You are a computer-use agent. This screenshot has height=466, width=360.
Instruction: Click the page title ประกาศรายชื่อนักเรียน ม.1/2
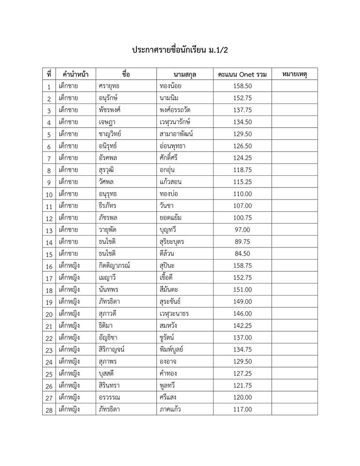(x=180, y=50)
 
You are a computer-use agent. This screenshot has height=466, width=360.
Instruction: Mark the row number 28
(x=49, y=410)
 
